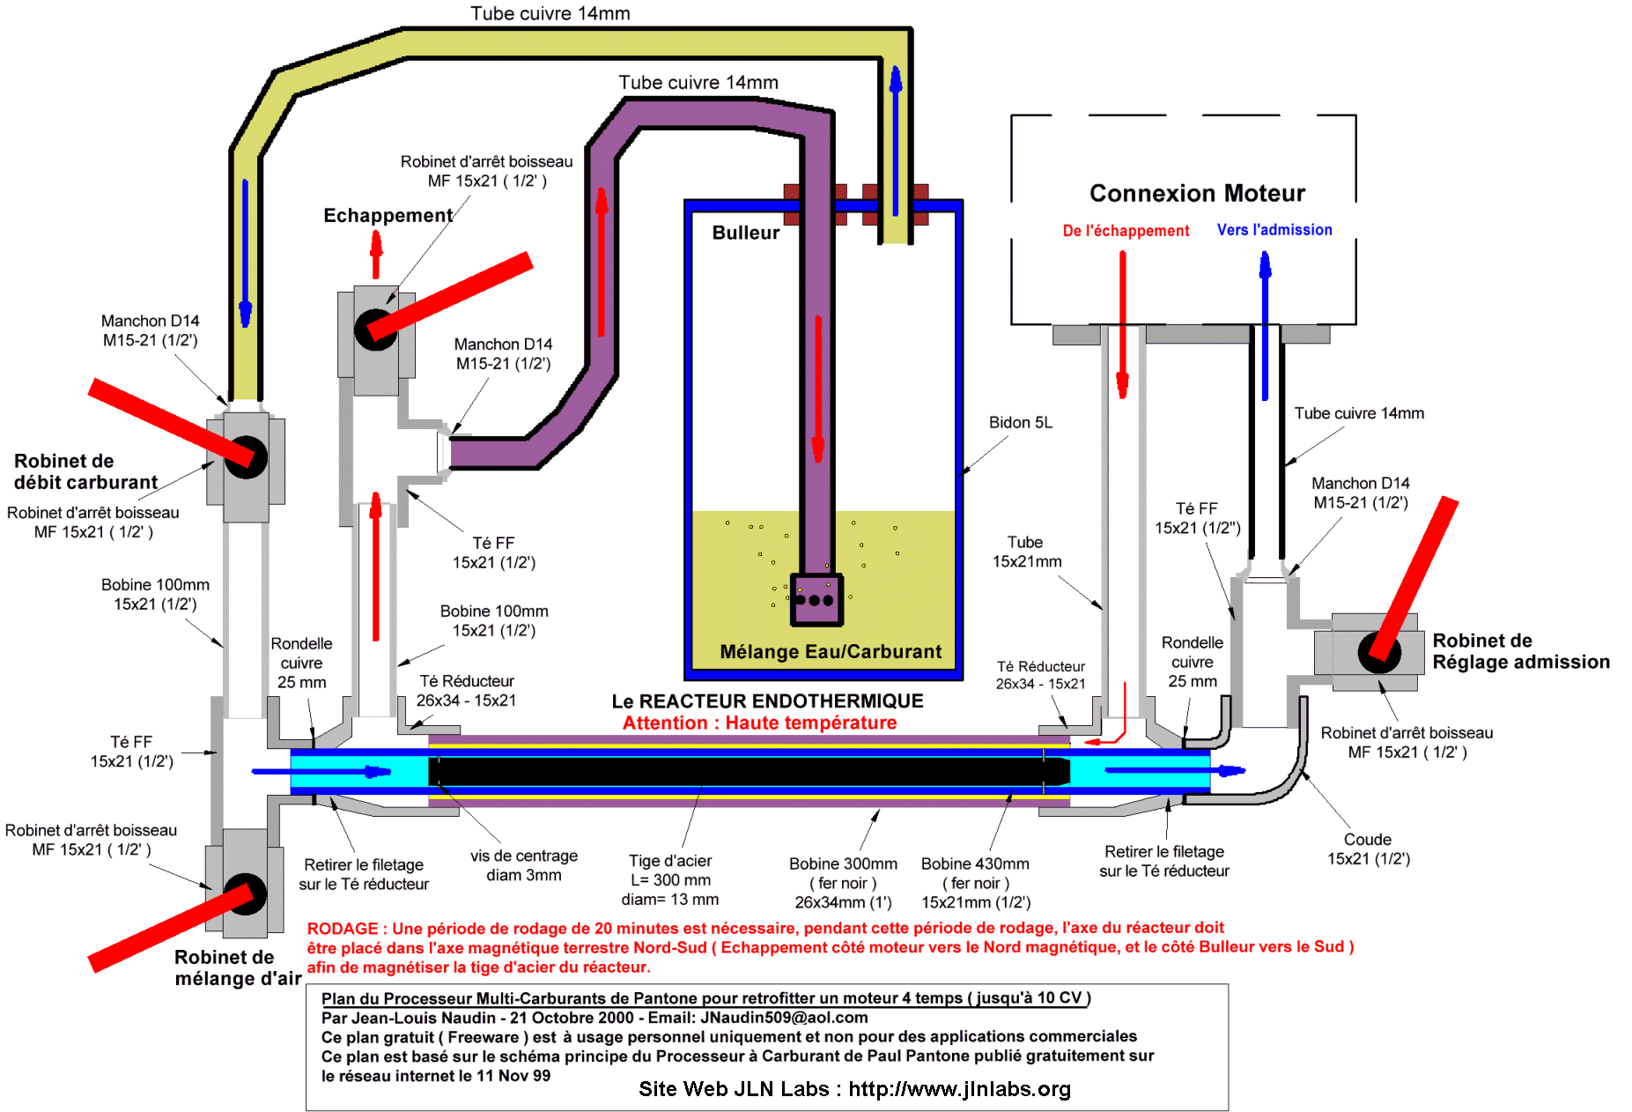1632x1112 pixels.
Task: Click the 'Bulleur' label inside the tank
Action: (x=745, y=233)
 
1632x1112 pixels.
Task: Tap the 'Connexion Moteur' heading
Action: (x=1197, y=193)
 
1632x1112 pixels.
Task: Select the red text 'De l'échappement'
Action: (x=1126, y=231)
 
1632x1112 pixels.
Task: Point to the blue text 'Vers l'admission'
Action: (x=1274, y=230)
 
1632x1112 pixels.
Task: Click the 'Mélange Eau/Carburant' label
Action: (x=831, y=652)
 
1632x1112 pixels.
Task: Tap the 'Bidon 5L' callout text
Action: (x=1021, y=423)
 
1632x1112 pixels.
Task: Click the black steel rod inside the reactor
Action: (x=749, y=771)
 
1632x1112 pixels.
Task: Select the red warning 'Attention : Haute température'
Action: (x=759, y=723)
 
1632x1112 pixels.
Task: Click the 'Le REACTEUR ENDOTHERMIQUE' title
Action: (x=767, y=701)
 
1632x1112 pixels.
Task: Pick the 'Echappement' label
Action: (x=388, y=216)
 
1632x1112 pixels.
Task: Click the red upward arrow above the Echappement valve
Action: (x=376, y=255)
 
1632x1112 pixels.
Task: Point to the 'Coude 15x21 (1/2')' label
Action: (x=1368, y=849)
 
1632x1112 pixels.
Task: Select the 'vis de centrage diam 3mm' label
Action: (x=524, y=865)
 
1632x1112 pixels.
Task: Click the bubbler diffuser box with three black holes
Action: (x=816, y=600)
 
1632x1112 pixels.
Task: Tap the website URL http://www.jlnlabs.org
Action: (x=960, y=1090)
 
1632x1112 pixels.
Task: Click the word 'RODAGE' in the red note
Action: (x=342, y=929)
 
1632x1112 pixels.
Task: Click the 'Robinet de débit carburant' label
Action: (x=85, y=472)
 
